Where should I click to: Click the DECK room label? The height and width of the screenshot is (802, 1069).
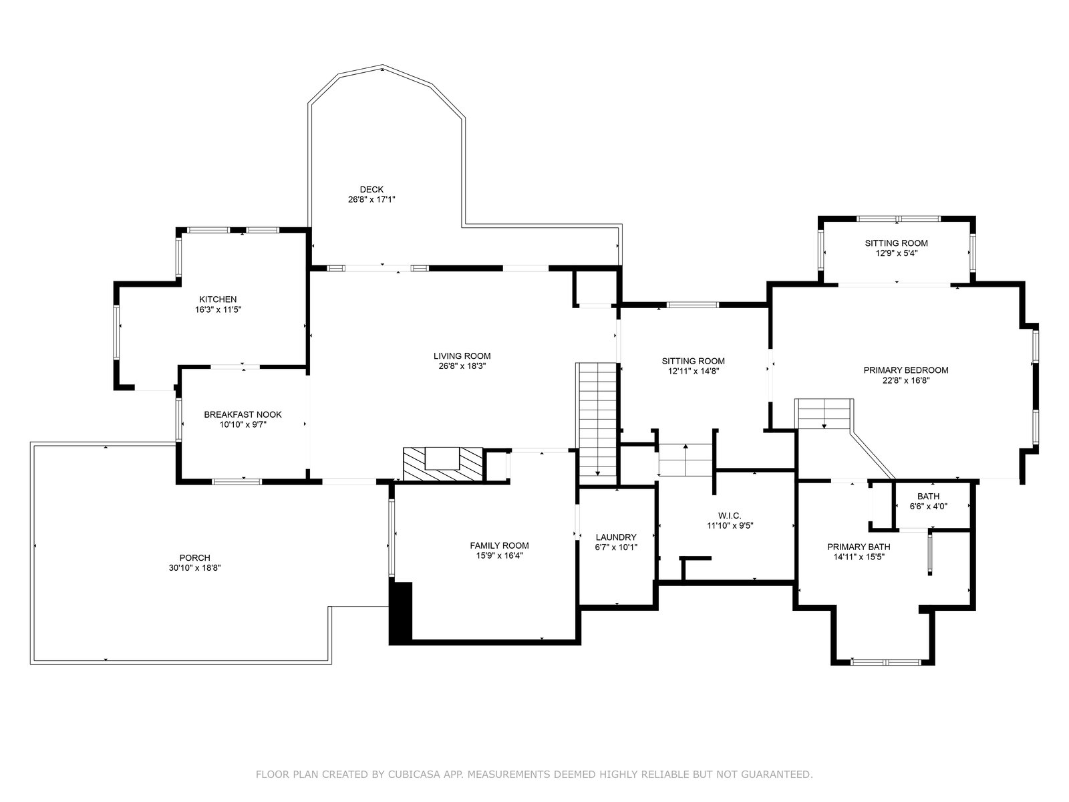click(371, 189)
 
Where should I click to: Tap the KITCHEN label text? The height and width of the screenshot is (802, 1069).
click(218, 299)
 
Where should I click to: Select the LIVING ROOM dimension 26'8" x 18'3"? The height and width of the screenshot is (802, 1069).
click(462, 366)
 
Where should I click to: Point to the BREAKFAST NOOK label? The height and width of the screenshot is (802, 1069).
click(243, 415)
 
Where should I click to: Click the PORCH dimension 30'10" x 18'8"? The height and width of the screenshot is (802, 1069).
click(195, 568)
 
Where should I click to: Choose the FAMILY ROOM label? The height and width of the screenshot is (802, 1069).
click(499, 546)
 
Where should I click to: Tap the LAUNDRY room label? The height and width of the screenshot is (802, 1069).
click(616, 537)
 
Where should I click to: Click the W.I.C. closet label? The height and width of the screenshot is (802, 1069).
click(730, 516)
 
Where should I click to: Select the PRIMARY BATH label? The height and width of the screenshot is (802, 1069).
click(859, 547)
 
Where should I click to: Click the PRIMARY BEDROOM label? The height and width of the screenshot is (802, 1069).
click(906, 370)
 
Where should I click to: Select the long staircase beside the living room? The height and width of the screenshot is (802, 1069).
click(597, 424)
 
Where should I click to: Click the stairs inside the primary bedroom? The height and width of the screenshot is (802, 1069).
click(824, 414)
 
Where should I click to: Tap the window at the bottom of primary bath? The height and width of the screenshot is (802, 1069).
click(886, 662)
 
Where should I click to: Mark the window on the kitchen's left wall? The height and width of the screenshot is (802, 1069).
click(116, 332)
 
